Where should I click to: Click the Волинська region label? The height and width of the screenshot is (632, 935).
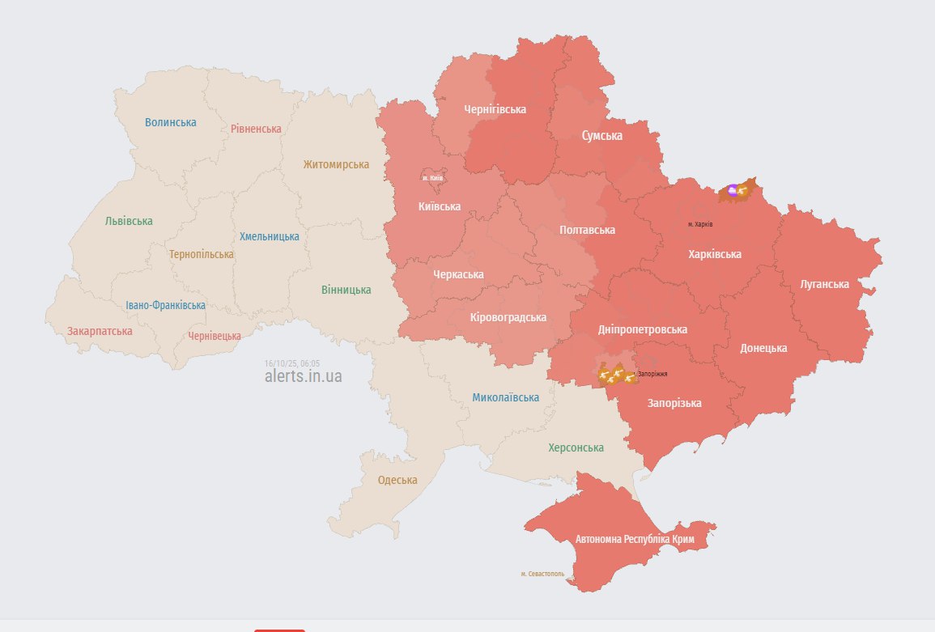tap(171, 123)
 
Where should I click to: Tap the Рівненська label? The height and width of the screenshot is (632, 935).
tap(256, 129)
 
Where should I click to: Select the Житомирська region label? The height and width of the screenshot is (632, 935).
tap(336, 165)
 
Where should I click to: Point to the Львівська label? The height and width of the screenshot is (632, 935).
tap(129, 221)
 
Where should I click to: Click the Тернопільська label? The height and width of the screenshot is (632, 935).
tap(202, 254)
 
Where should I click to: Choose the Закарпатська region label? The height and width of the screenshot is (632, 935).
tap(100, 331)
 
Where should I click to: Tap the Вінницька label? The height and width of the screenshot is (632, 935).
tap(346, 290)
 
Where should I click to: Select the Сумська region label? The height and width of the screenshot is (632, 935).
tap(601, 136)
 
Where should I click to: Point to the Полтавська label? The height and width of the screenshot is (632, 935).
tap(587, 230)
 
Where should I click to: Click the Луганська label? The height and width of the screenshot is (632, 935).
tap(824, 284)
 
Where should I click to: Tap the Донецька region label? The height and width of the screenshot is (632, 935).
tap(763, 348)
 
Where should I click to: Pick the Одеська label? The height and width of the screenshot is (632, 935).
tap(397, 480)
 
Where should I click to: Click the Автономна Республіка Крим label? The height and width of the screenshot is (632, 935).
tap(635, 539)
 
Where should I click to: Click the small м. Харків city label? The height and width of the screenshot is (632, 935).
tap(700, 224)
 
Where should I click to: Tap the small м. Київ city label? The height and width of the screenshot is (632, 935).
tap(432, 178)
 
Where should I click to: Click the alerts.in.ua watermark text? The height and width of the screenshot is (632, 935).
tap(303, 376)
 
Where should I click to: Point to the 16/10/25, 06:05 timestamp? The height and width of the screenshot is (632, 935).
tap(292, 363)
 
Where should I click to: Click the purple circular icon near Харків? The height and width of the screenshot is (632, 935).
tap(732, 190)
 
